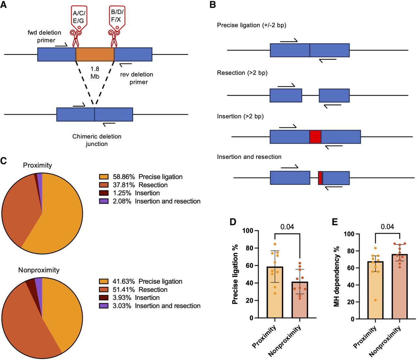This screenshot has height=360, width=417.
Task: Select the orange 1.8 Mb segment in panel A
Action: point(95,54)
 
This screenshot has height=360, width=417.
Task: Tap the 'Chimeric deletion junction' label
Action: point(97,140)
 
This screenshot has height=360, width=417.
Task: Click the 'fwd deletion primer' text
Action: point(45,36)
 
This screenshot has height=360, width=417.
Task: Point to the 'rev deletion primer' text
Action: point(137,78)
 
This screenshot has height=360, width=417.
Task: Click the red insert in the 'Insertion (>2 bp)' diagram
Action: point(315,137)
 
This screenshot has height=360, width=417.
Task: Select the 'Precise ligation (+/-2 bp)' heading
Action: point(252,25)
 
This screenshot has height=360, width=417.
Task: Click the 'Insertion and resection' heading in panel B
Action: point(249,157)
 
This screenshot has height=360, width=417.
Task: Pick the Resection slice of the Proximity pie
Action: point(20,209)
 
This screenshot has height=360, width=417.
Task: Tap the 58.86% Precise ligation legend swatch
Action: point(104,177)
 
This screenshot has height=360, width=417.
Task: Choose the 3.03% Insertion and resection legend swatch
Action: point(104,306)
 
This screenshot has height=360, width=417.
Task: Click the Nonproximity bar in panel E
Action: point(400,287)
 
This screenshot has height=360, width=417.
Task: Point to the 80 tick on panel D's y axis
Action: point(249,248)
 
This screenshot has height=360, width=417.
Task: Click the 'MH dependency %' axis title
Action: point(337,276)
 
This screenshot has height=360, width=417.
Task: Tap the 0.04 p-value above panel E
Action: point(387,227)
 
